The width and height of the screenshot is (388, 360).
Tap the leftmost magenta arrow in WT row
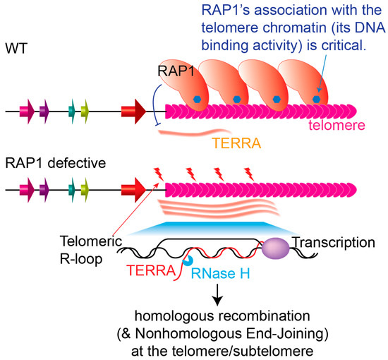tap(30, 111)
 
